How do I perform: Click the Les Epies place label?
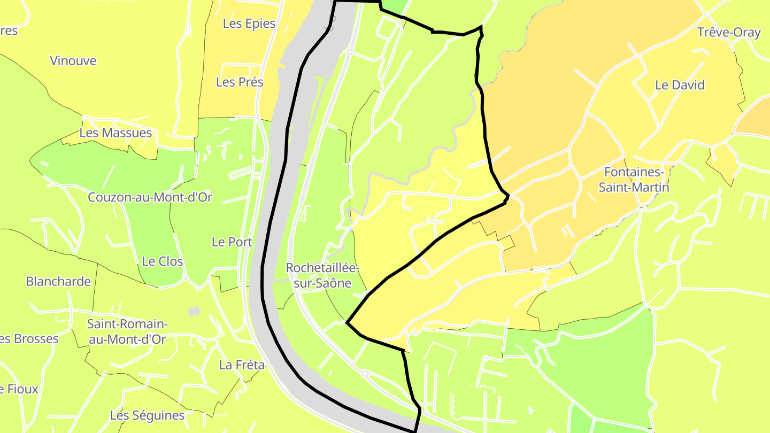249,24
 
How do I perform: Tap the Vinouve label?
73,61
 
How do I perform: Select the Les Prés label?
240,82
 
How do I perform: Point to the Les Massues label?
115,133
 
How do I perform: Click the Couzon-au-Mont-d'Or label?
150,197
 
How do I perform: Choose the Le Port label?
232,242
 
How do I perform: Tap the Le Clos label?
163,261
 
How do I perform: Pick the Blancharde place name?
58,281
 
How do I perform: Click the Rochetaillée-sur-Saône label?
322,275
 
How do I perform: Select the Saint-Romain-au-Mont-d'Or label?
127,331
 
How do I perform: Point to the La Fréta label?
242,365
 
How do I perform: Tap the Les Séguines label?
147,415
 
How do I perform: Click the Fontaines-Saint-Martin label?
634,180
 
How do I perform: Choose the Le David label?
680,85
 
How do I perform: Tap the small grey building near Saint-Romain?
194,311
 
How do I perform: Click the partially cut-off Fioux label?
19,389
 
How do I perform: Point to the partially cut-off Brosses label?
29,339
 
